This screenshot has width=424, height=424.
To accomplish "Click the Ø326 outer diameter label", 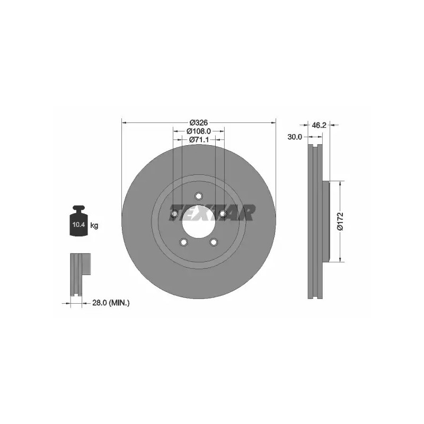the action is tap(198, 122).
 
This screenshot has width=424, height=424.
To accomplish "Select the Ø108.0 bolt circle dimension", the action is tap(198, 131).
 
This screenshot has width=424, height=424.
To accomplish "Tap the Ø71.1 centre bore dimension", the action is tap(198, 139).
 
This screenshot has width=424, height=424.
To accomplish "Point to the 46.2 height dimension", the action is tap(319, 125).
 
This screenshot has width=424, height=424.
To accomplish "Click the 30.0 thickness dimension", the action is tap(295, 137).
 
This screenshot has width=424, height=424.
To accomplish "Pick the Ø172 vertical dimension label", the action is tap(340, 221).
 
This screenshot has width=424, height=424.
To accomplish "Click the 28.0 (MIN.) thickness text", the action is tap(111, 303).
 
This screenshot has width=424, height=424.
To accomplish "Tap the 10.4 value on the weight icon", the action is tap(78, 224).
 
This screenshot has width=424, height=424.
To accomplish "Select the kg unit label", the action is tap(94, 225).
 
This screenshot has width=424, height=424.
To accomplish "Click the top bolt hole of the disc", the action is tap(198, 196).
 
